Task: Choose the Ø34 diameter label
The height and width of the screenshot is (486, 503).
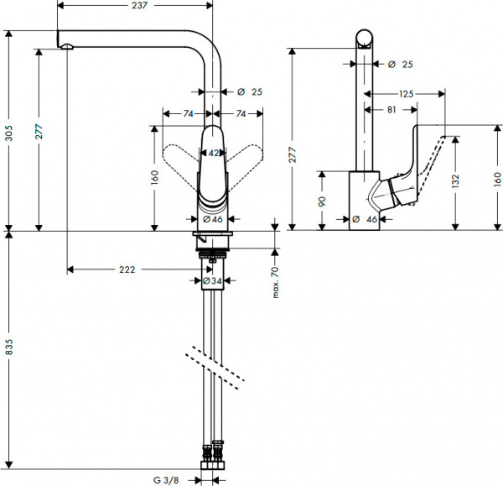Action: click(x=214, y=280)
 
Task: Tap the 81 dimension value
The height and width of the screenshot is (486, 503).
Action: click(x=392, y=109)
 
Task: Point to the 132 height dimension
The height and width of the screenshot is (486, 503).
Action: click(x=456, y=179)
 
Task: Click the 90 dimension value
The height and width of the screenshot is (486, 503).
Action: click(x=322, y=201)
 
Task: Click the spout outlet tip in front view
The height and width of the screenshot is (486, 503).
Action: click(x=63, y=42)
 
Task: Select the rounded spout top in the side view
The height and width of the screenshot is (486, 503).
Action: click(x=363, y=37)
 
